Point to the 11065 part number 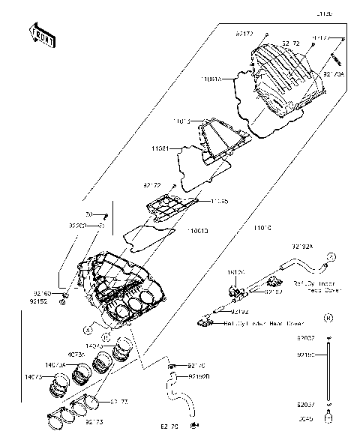click(x=220, y=201)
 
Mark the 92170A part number click(x=334, y=75)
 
